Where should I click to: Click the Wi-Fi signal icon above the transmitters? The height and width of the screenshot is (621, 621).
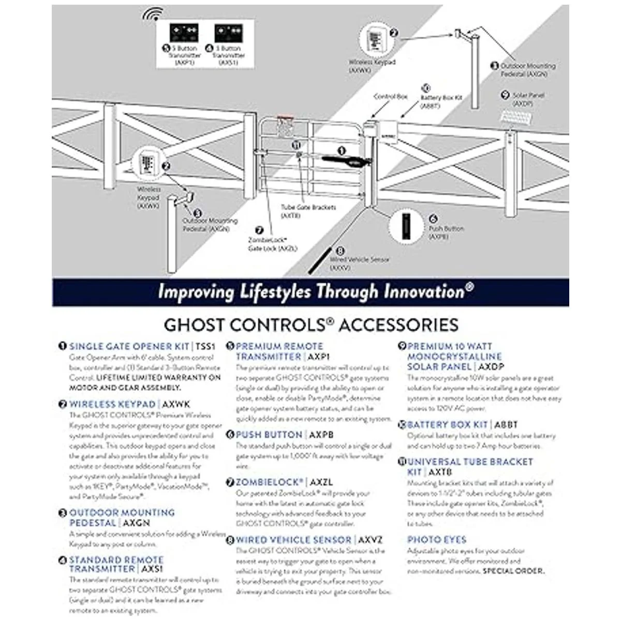tap(153, 14)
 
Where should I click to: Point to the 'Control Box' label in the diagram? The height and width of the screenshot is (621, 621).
tap(391, 97)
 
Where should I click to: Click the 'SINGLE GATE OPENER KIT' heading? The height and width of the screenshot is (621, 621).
tap(129, 346)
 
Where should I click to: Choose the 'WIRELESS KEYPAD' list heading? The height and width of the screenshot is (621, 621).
tap(112, 404)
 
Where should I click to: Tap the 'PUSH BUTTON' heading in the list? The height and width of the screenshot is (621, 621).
tap(269, 435)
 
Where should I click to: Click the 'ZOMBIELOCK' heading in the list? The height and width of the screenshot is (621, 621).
tap(269, 482)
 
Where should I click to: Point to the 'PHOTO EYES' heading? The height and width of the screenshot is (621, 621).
tap(437, 539)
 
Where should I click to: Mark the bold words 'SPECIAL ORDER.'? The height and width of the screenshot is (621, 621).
tap(513, 571)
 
